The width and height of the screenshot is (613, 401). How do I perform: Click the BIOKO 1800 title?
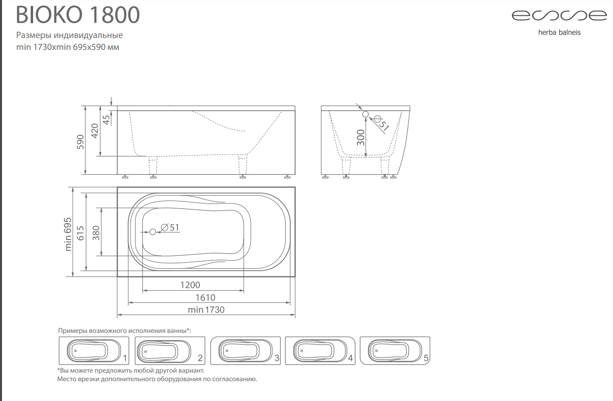(x=78, y=14)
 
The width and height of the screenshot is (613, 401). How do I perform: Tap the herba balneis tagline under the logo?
(x=559, y=33)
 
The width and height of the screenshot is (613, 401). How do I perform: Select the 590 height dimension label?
(x=81, y=142)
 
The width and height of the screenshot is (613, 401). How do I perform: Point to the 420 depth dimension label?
(x=95, y=131)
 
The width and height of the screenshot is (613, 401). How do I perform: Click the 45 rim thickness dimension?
(x=106, y=120)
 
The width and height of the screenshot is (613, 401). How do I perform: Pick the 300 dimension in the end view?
(x=361, y=137)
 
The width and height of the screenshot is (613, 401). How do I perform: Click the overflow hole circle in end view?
(x=365, y=114)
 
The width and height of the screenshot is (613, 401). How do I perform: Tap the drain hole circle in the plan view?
(x=153, y=232)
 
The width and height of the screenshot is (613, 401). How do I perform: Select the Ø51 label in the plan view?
(x=170, y=228)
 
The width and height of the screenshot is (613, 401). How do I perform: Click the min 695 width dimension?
(x=68, y=234)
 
